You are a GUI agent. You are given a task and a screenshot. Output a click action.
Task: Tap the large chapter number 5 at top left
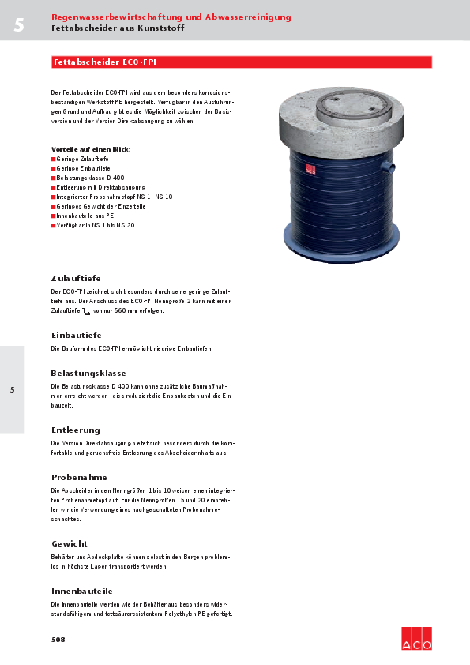18,25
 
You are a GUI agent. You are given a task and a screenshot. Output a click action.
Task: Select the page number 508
58,639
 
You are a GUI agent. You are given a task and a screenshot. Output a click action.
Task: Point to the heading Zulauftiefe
76,278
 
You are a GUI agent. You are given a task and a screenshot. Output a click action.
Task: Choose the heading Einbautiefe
76,335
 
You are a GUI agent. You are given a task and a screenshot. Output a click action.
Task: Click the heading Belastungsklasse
88,373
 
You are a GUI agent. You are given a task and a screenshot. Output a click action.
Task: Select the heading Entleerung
76,430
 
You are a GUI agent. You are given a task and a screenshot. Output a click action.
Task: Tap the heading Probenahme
79,477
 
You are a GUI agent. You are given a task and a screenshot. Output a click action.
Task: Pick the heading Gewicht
70,543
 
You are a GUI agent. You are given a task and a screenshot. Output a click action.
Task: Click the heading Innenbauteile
82,591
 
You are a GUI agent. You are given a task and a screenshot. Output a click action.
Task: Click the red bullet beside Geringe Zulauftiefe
53,159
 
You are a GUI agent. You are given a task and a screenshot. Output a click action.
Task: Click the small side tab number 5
12,389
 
